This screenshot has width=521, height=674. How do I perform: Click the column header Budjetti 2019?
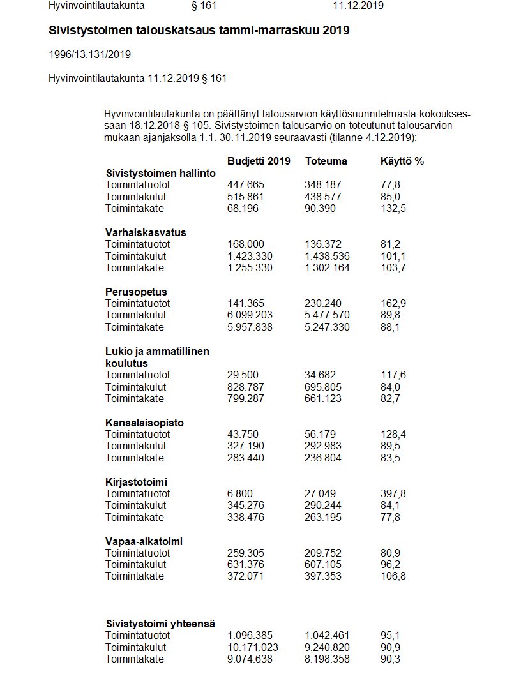[259, 161]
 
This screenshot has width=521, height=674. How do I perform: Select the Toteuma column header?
[326, 161]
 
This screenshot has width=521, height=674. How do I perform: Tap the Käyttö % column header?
[402, 161]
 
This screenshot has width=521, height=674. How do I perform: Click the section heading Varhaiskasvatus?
[146, 232]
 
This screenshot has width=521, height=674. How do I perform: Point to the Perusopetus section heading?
[136, 292]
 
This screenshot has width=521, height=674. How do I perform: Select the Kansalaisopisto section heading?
[144, 423]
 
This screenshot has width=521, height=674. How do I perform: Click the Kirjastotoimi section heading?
[136, 482]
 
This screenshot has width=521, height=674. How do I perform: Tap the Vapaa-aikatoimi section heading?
[144, 541]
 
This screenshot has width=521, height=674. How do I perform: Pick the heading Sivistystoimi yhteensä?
[160, 624]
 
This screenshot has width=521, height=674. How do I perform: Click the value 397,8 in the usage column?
[393, 493]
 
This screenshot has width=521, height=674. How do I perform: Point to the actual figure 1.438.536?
[328, 256]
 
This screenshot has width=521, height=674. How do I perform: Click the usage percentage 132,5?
[393, 209]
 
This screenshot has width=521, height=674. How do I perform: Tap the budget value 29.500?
[243, 375]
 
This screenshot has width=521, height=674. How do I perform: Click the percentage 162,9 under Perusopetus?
[393, 304]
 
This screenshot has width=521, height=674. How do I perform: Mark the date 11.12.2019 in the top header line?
[358, 6]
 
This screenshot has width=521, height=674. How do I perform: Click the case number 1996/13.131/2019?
[89, 54]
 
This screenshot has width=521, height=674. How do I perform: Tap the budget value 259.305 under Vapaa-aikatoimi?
[246, 553]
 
